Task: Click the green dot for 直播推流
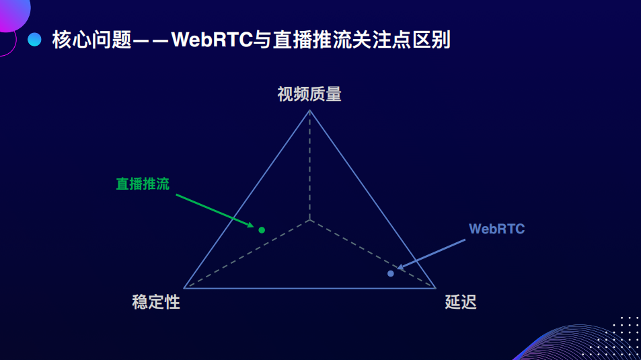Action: (x=262, y=230)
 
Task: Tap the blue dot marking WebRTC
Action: (x=391, y=273)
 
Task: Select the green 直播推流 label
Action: (x=143, y=184)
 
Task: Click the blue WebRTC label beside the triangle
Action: (x=496, y=229)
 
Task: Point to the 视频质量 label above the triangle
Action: (x=309, y=94)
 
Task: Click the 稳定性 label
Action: (x=156, y=302)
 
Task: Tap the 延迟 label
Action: (x=461, y=302)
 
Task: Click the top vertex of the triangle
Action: (x=310, y=110)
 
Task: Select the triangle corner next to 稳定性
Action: (x=184, y=288)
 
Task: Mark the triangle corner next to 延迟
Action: (x=435, y=288)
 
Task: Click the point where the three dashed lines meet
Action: (x=310, y=220)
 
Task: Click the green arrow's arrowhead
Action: (x=250, y=225)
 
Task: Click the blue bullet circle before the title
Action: (x=34, y=39)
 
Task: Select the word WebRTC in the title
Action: (x=212, y=40)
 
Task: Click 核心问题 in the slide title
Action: (x=91, y=40)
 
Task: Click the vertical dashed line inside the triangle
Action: (x=310, y=166)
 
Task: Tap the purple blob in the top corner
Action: (x=15, y=15)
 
